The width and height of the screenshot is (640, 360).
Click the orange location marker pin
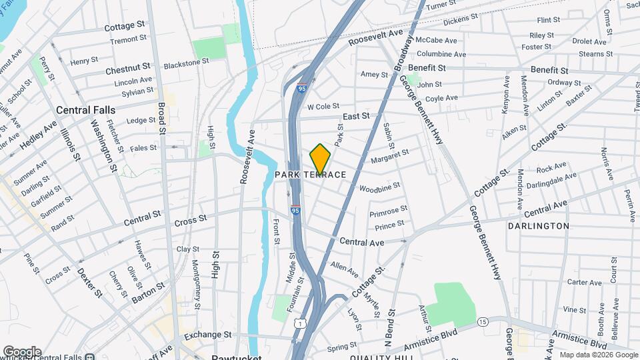pos(320,159)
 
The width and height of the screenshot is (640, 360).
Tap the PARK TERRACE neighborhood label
pos(311,175)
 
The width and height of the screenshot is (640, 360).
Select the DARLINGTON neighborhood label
pos(538,226)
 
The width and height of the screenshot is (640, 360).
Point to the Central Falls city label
pos(85,110)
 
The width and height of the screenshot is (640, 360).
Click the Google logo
pos(21,351)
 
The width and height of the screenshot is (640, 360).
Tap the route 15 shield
pos(483,323)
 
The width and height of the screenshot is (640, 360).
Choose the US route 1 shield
pos(301,323)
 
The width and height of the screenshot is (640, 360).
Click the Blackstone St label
pos(187,61)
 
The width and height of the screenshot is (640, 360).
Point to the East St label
pos(356,117)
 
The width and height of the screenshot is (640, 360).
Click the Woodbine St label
pos(379,187)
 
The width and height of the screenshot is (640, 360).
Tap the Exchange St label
pos(207,334)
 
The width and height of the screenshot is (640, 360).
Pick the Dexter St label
pos(89,283)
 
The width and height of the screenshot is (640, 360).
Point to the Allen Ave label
pos(345,269)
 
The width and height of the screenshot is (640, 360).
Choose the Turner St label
pos(441,5)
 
